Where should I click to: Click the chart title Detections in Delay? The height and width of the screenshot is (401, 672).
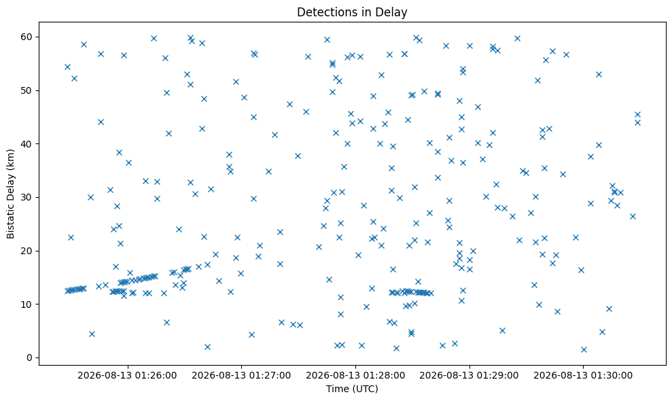[x=352, y=12]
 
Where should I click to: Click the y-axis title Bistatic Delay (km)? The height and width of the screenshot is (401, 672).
[x=10, y=194]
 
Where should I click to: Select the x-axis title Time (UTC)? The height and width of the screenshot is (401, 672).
[x=352, y=389]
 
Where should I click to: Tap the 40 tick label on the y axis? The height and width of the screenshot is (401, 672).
[x=27, y=143]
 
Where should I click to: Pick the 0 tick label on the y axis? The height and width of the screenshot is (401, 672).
[x=30, y=358]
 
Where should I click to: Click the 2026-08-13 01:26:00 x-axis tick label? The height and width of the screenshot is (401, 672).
[x=127, y=376]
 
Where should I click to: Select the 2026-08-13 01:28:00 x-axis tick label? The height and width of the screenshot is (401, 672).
[x=355, y=376]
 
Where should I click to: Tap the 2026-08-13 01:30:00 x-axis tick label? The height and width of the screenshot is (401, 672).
[x=583, y=376]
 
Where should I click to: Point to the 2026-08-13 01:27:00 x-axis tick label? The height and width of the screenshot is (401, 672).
[x=241, y=376]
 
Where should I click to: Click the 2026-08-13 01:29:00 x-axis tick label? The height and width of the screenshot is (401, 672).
[x=470, y=376]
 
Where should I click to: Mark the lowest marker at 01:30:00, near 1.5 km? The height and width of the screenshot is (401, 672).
[x=584, y=349]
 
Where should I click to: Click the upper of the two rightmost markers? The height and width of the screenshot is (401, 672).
[x=638, y=114]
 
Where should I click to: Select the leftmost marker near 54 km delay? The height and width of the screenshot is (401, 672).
[x=67, y=67]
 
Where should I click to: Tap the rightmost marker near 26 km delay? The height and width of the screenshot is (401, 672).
[x=633, y=217]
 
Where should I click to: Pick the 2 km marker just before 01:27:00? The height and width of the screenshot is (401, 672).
[x=207, y=347]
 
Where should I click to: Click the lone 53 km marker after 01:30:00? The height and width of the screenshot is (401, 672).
[x=599, y=75]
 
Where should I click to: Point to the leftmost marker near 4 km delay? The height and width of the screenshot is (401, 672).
[x=92, y=334]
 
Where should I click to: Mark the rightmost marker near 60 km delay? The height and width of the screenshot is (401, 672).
[x=517, y=39]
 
